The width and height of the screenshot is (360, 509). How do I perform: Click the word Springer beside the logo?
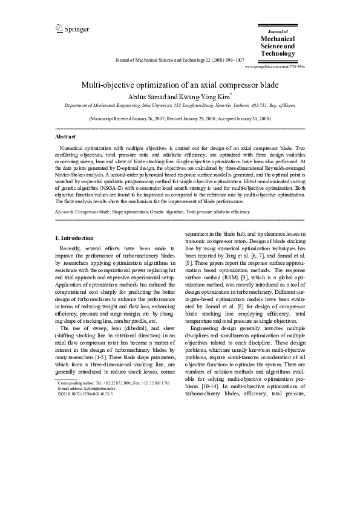click(77, 29)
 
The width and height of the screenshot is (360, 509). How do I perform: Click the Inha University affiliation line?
click(180, 105)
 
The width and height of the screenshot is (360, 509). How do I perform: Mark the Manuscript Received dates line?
click(180, 120)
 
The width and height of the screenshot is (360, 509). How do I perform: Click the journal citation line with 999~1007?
click(180, 60)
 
